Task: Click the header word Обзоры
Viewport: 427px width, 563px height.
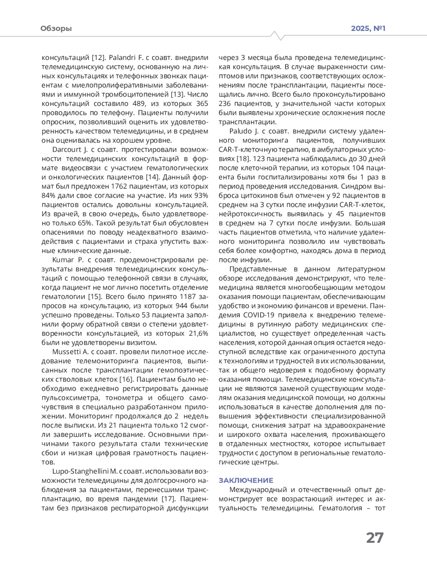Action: (56, 28)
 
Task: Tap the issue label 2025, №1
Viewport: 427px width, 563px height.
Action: (368, 28)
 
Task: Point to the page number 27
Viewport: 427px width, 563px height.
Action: (375, 538)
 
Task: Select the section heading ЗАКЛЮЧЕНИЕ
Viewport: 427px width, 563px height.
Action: (246, 480)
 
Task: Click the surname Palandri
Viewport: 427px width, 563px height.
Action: (121, 57)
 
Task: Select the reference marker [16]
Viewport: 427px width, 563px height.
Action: (126, 379)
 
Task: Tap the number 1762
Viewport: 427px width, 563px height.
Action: (121, 186)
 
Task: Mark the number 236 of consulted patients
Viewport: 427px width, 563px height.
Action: (226, 104)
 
